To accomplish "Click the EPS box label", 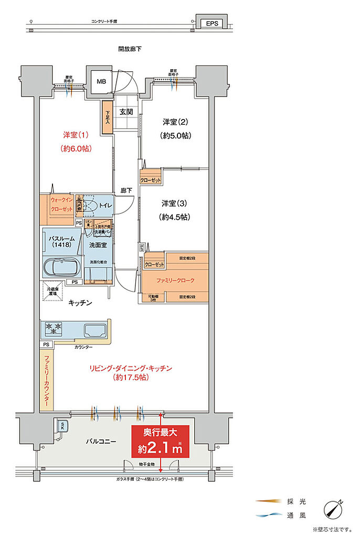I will pos(211,24).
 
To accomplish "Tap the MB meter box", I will pos(100,81).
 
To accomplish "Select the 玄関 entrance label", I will pos(126,112).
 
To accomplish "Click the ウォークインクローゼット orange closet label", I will pos(61,204).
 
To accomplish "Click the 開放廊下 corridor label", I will pos(130,49).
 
